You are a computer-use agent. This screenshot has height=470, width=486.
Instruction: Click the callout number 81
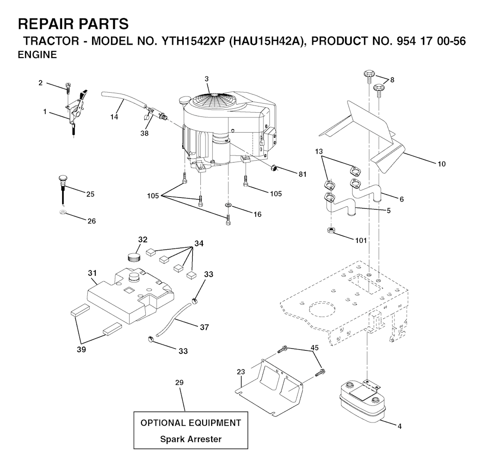click(x=302, y=174)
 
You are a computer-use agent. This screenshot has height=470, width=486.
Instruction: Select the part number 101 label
click(x=361, y=240)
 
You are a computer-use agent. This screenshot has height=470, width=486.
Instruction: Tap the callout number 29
click(x=179, y=383)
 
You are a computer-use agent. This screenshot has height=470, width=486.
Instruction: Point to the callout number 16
click(x=258, y=214)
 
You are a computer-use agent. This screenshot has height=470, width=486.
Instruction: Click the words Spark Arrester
click(x=191, y=439)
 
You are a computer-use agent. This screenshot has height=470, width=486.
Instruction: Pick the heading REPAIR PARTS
click(x=73, y=24)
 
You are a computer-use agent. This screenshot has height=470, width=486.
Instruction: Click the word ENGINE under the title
click(x=37, y=55)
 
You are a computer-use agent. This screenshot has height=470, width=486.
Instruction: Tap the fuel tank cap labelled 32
click(x=134, y=257)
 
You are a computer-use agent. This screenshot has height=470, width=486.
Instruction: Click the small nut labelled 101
click(x=331, y=230)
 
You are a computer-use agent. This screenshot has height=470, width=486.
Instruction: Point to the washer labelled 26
click(x=63, y=212)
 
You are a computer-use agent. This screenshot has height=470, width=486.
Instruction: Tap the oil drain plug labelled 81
click(x=273, y=168)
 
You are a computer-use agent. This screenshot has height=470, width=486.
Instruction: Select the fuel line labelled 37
click(x=174, y=319)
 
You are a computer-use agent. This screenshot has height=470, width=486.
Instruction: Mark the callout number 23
click(x=241, y=372)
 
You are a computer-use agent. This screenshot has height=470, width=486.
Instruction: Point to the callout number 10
click(x=441, y=164)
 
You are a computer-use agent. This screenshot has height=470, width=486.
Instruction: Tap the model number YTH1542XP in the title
click(x=193, y=41)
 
